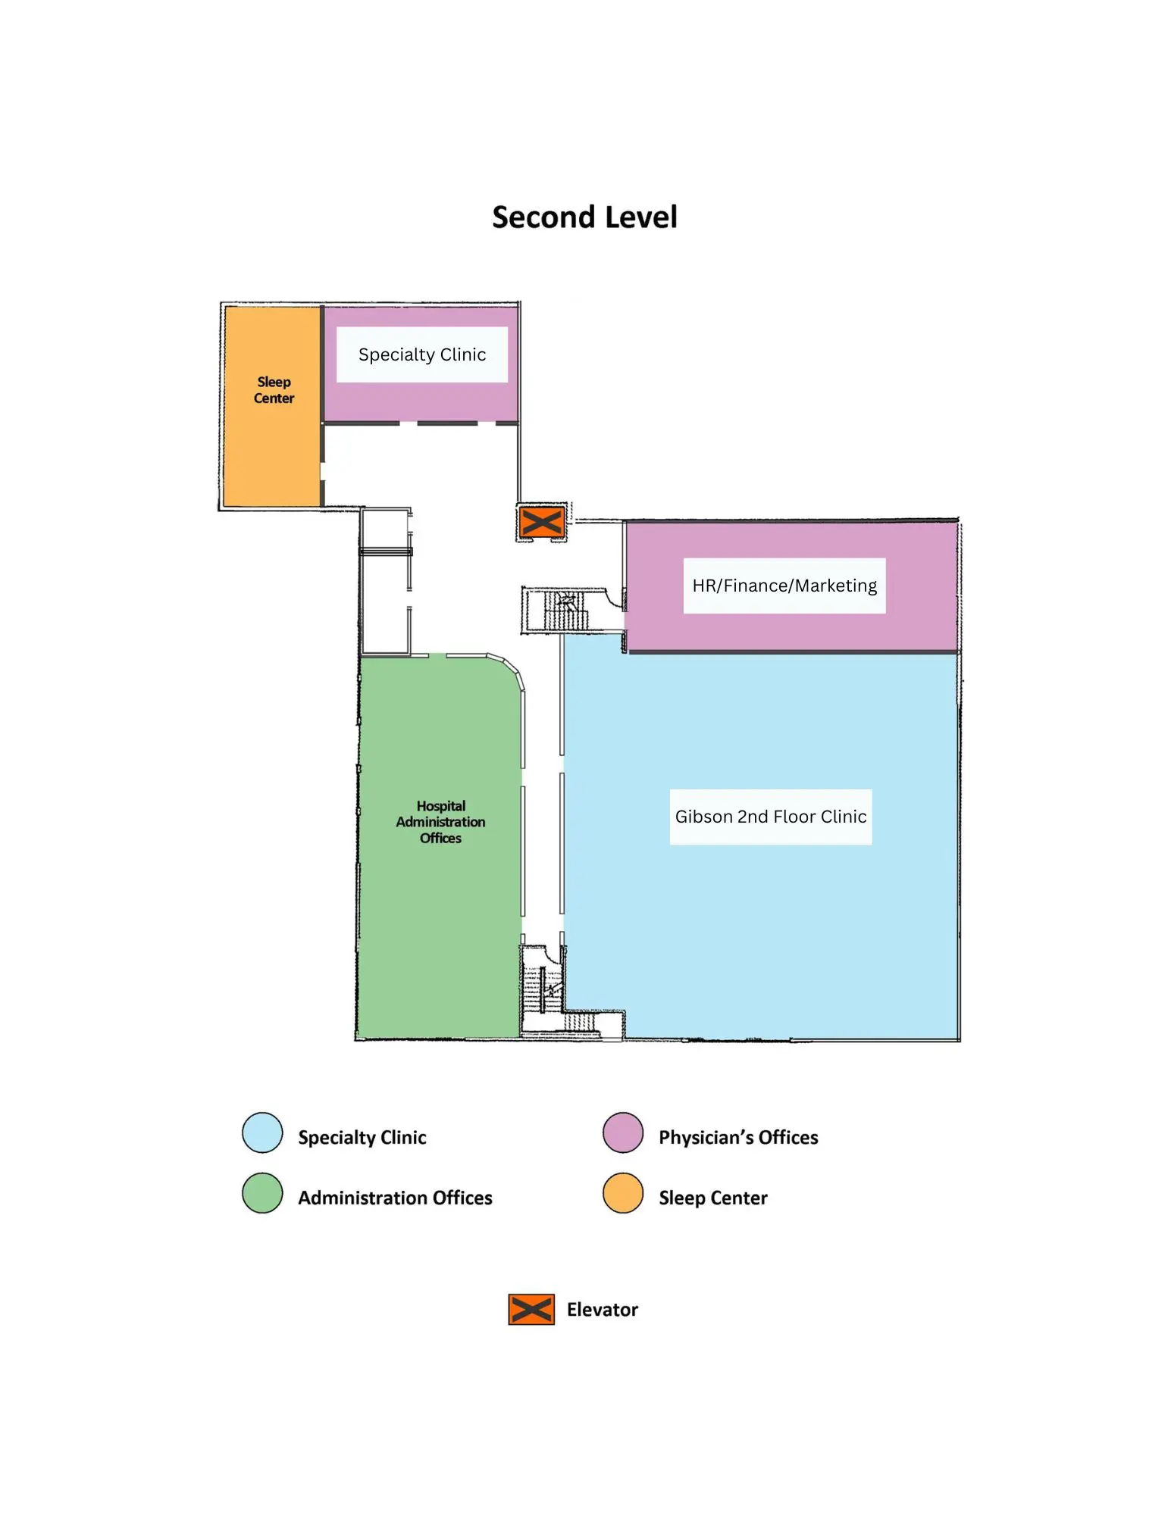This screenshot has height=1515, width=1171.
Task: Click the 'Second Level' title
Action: coord(584,217)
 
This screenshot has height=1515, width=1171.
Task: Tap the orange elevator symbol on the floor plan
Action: coord(542,522)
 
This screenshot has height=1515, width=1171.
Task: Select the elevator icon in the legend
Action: coord(531,1310)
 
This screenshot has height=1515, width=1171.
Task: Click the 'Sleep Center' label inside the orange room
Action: coord(274,390)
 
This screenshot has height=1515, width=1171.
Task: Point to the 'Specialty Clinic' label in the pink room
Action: coord(422,355)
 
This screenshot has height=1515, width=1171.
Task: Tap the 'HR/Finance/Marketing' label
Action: coord(784,586)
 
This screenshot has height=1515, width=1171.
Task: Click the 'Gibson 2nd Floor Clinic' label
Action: coord(771,817)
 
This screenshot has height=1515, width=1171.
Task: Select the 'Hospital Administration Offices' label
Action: coord(440,822)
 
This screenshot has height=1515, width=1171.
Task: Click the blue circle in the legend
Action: coord(262,1132)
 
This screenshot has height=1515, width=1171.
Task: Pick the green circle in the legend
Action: coord(262,1193)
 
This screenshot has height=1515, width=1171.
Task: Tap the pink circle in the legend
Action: coord(623,1132)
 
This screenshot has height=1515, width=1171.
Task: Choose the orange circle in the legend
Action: coord(623,1193)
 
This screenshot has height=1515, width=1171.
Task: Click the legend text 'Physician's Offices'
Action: coord(738,1138)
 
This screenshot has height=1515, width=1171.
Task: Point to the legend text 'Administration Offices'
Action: coord(395,1198)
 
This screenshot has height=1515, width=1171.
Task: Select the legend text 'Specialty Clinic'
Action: coord(362,1138)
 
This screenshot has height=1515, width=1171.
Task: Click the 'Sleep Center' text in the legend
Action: coord(713,1198)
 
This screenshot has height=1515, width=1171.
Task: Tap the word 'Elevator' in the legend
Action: coord(603,1310)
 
